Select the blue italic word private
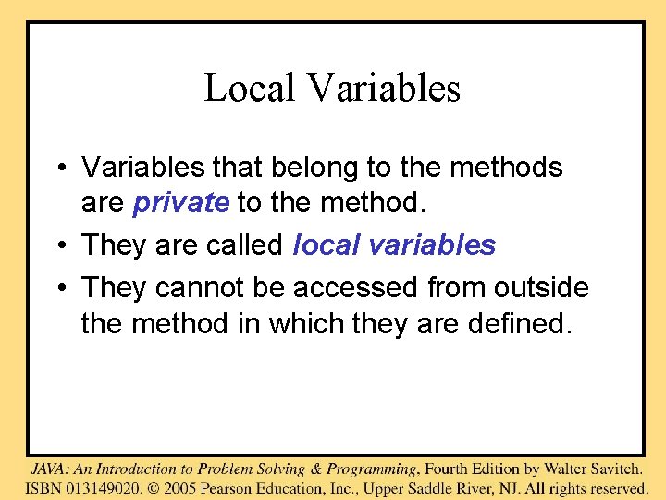tap(181, 203)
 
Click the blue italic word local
tap(325, 245)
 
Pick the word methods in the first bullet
tap(512, 168)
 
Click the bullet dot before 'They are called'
tap(57, 246)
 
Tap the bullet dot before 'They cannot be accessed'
tap(57, 289)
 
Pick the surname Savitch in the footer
tap(611, 469)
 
